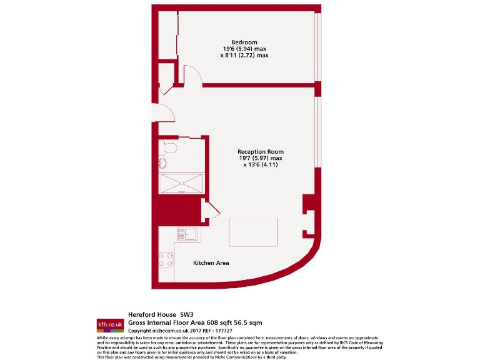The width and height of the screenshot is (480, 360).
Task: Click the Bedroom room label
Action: click(244, 42)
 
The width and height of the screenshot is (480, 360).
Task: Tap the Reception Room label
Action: click(261, 152)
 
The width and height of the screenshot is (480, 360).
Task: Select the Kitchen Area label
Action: click(211, 263)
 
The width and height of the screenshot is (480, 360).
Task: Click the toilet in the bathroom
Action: click(169, 147)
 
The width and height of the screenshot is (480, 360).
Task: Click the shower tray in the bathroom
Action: click(181, 184)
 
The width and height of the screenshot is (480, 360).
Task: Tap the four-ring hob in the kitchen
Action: click(166, 259)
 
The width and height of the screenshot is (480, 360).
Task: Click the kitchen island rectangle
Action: click(254, 232)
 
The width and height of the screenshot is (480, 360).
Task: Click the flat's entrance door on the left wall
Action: click(164, 112)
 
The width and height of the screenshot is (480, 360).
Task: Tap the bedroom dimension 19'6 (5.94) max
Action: click(244, 49)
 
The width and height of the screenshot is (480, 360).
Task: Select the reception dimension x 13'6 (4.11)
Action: click(261, 165)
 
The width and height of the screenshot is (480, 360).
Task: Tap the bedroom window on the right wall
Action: click(317, 47)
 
